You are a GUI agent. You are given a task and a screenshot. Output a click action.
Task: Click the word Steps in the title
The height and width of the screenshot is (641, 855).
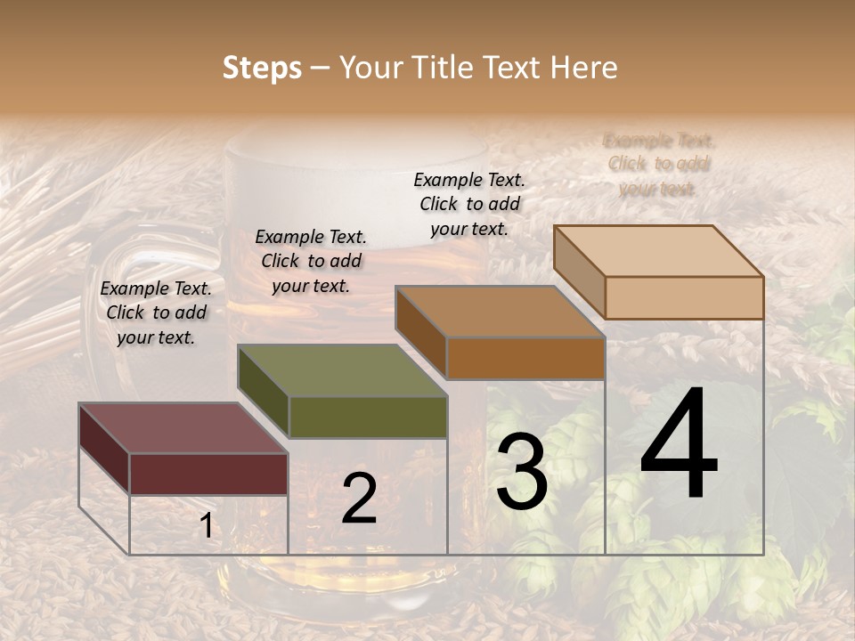click(262, 68)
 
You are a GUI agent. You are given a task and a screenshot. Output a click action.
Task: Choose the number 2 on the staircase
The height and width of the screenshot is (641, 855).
click(359, 498)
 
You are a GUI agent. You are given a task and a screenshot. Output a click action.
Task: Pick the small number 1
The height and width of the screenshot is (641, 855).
click(206, 526)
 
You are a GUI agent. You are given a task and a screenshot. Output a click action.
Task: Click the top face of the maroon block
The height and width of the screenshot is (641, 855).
click(183, 427)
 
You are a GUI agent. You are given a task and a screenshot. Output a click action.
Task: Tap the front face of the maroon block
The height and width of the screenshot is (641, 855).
click(208, 474)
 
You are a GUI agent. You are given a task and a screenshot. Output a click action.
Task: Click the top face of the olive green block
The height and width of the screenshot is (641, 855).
click(342, 369)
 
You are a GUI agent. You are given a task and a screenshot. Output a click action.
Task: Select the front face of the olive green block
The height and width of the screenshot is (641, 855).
click(368, 417)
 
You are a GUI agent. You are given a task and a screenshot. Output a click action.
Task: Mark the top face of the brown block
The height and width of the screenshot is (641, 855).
click(501, 312)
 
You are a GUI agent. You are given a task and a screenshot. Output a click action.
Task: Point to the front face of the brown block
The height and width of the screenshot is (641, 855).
click(525, 358)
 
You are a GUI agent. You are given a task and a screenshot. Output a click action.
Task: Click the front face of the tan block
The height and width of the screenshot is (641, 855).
click(684, 297)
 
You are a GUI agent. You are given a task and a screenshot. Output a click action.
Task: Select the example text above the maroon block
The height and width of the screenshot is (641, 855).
click(156, 312)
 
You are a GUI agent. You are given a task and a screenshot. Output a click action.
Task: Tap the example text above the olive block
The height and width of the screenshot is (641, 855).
click(311, 261)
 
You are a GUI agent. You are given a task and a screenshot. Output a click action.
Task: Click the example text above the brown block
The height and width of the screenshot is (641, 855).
click(469, 204)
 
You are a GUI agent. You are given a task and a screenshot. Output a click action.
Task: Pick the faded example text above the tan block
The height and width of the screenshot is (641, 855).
click(659, 164)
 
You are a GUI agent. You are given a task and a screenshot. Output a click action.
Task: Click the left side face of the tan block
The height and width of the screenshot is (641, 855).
click(579, 272)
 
